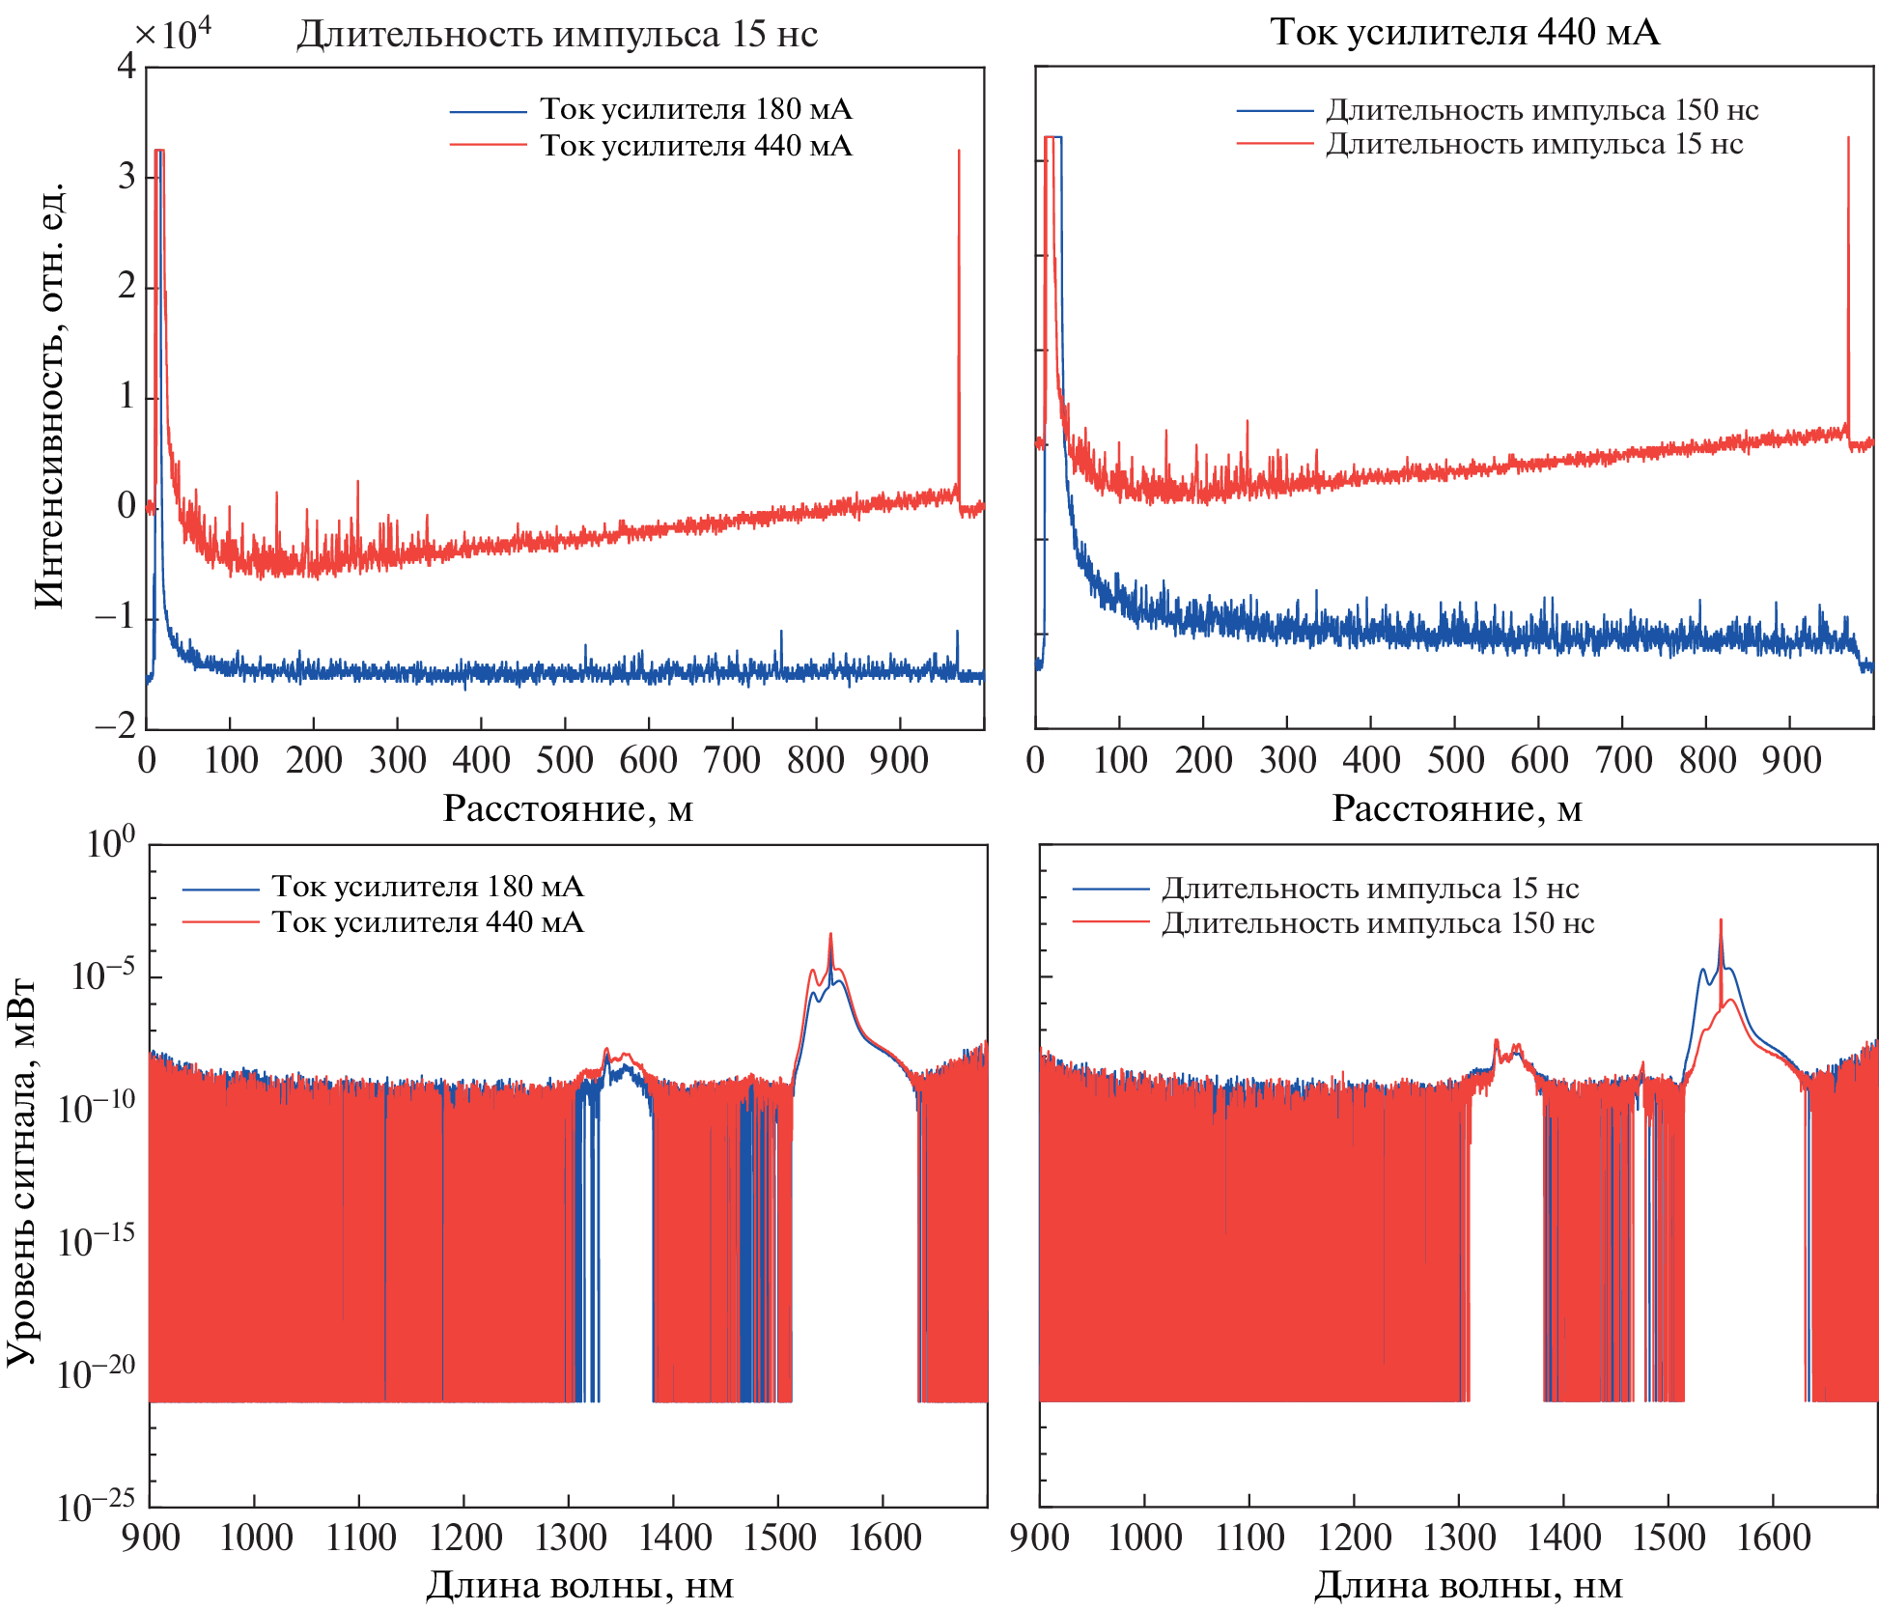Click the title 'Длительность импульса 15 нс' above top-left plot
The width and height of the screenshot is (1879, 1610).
click(x=557, y=35)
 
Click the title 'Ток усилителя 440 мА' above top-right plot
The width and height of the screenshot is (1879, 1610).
click(x=1464, y=33)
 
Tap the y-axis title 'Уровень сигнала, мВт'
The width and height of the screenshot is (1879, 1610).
click(x=21, y=1172)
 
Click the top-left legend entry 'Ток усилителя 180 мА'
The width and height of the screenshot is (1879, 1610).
click(x=695, y=109)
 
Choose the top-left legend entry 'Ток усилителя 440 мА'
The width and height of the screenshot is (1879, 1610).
click(x=695, y=146)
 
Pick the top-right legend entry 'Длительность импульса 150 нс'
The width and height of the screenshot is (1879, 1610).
click(x=1541, y=110)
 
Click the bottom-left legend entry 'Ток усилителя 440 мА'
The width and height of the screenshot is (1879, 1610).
click(x=427, y=922)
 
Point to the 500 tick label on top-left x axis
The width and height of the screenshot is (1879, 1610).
click(x=564, y=761)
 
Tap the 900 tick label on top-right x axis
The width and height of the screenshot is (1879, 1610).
click(x=1790, y=761)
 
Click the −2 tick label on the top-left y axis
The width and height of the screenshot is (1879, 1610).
click(x=116, y=726)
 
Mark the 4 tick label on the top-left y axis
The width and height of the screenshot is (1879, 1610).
click(x=126, y=67)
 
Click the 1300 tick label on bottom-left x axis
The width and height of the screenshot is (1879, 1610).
click(x=570, y=1538)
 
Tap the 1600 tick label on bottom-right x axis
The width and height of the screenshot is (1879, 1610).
click(x=1773, y=1538)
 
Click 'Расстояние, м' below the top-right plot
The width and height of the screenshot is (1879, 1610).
click(x=1456, y=808)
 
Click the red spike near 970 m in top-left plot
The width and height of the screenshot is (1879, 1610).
click(x=959, y=290)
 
